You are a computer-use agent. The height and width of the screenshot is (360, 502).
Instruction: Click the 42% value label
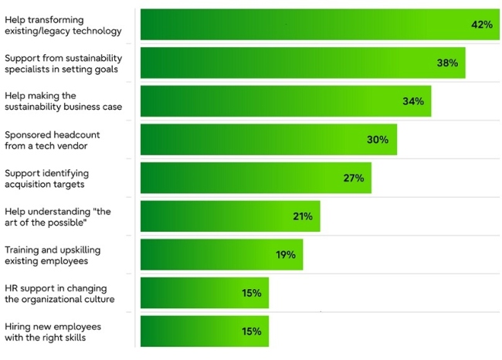click(x=481, y=25)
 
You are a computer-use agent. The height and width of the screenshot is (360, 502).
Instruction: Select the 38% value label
click(x=447, y=63)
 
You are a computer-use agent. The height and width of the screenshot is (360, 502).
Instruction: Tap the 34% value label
click(x=413, y=101)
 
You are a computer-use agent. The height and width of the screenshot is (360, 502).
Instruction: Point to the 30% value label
click(x=378, y=140)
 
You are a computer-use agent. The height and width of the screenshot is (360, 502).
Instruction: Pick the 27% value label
click(x=354, y=178)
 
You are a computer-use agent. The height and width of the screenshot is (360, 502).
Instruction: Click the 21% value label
click(x=303, y=216)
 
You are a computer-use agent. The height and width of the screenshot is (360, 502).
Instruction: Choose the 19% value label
click(x=286, y=255)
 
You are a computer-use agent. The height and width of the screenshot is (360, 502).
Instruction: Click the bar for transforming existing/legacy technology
click(x=309, y=25)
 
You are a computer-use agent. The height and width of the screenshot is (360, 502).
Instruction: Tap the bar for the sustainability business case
click(x=278, y=101)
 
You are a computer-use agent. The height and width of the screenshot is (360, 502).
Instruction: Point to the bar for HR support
click(x=193, y=293)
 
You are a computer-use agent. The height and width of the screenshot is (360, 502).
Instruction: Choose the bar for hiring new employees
click(x=193, y=331)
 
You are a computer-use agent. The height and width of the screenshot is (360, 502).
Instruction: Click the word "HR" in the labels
click(x=12, y=287)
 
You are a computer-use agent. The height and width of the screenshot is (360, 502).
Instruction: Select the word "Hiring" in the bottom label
click(x=19, y=326)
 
